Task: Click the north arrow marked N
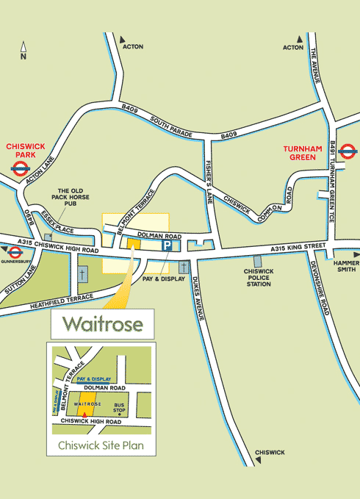pyautogui.click(x=24, y=50)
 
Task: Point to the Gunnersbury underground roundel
pyautogui.click(x=14, y=252)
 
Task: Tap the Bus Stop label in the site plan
pyautogui.click(x=119, y=407)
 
